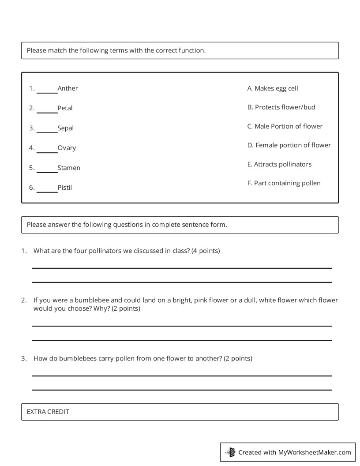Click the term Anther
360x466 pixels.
[67, 88]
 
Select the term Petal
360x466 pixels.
[65, 108]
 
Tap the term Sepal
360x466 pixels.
[65, 128]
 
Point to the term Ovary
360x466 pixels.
[67, 148]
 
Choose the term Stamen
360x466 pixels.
[69, 168]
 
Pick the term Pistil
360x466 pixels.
[64, 188]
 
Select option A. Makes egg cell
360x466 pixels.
[273, 88]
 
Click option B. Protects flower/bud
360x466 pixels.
[281, 107]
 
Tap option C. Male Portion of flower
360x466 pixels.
[285, 126]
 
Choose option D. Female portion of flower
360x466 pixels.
[289, 145]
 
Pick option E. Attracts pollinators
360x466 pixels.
[279, 164]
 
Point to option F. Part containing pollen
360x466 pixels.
[284, 183]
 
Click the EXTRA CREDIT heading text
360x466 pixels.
[48, 412]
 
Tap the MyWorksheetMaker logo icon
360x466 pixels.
[230, 452]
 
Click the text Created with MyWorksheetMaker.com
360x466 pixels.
[295, 452]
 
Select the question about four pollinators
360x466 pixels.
[127, 251]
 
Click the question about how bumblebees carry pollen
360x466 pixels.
[143, 358]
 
